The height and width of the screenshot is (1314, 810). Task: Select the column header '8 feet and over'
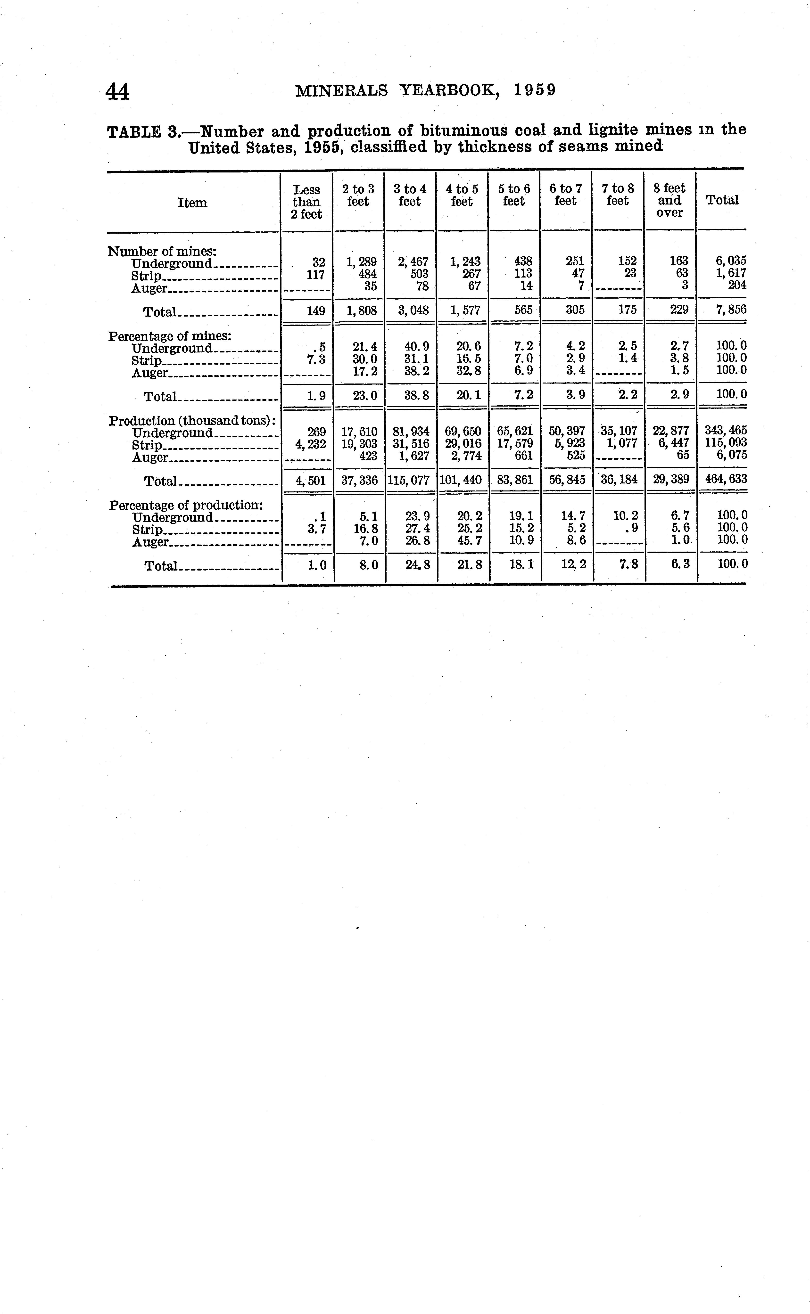pyautogui.click(x=670, y=200)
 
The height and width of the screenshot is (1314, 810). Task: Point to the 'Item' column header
pyautogui.click(x=192, y=202)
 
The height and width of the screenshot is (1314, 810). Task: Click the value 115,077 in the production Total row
pyautogui.click(x=410, y=480)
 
